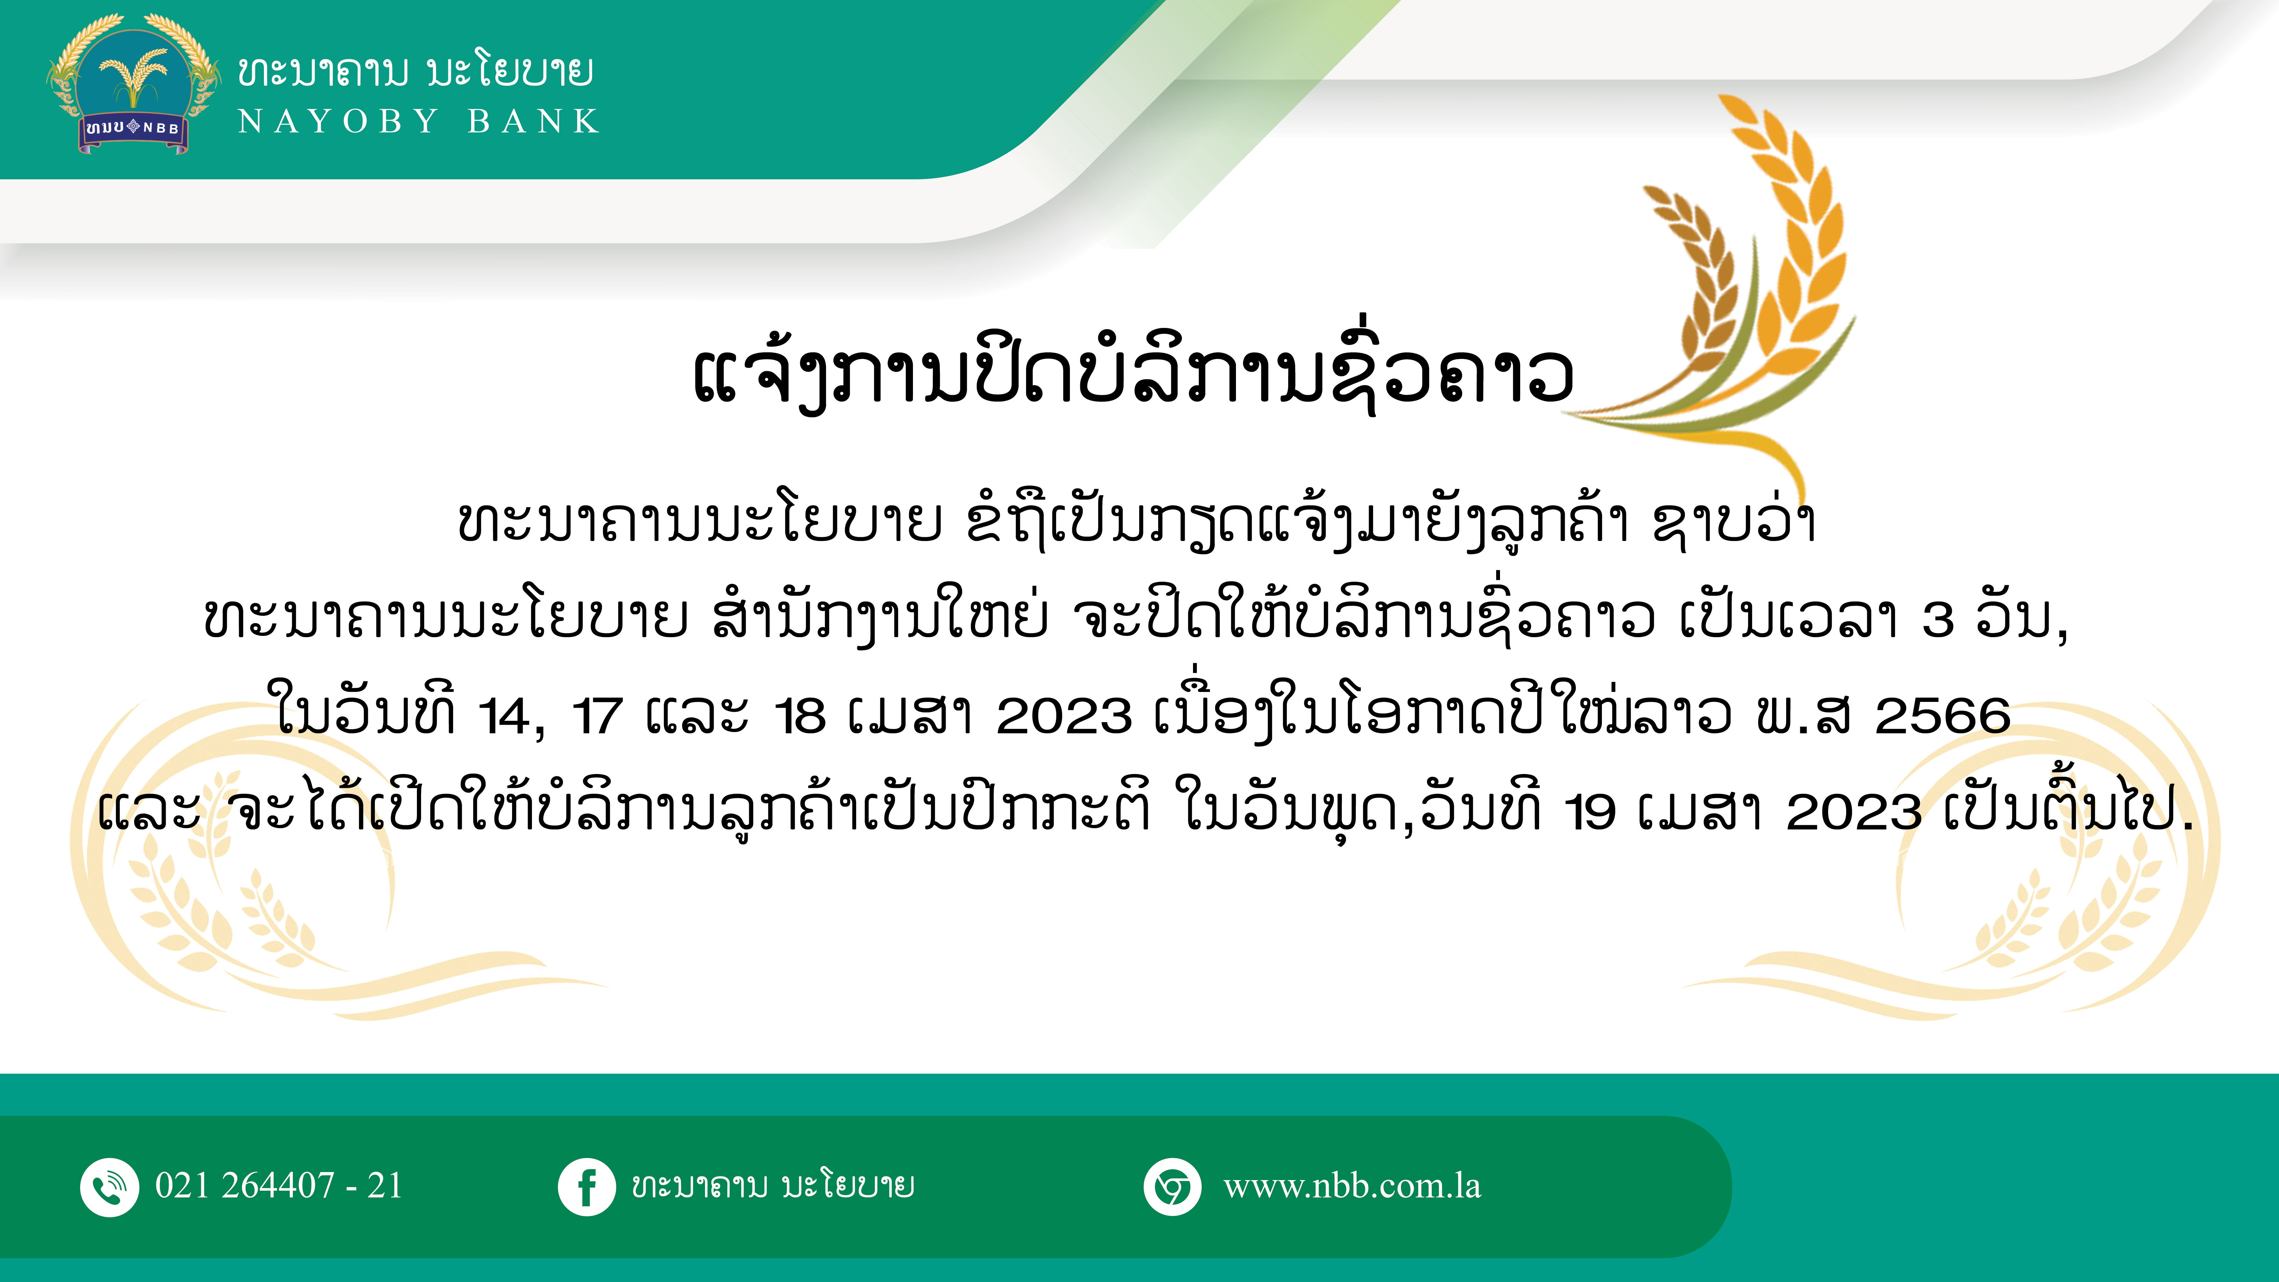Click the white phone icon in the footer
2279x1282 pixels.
[110, 1186]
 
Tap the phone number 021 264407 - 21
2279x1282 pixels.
[279, 1186]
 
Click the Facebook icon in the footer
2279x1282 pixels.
[586, 1186]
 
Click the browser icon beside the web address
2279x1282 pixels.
[1172, 1186]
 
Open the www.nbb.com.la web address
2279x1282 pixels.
[1352, 1186]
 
